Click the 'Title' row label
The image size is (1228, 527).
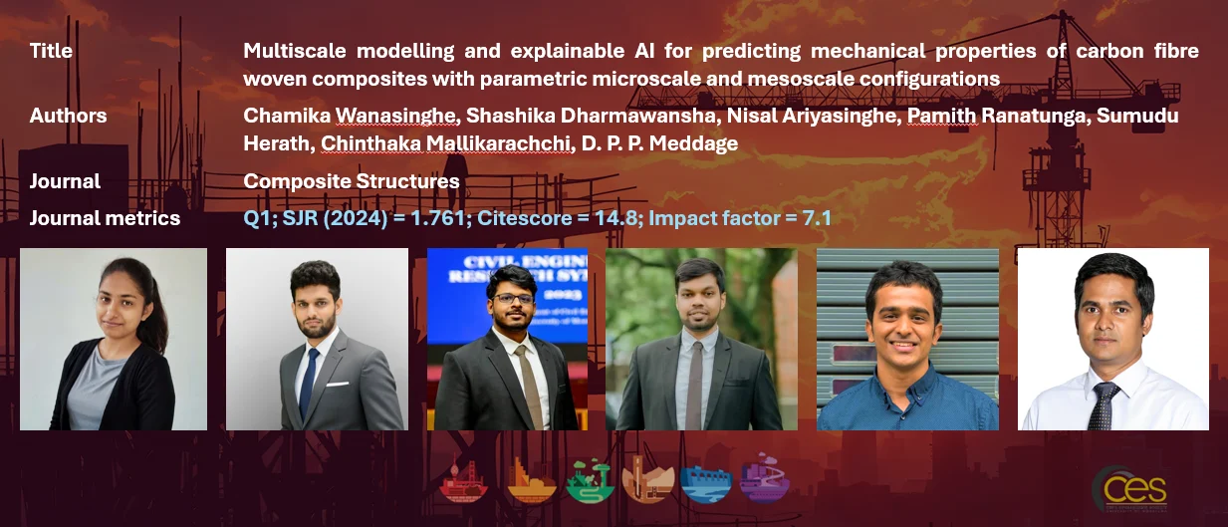tap(51, 51)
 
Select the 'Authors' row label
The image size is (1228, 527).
tap(68, 116)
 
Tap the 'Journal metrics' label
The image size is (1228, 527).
tap(105, 218)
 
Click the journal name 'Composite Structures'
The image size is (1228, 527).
tap(352, 181)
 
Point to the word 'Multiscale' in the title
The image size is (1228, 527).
tap(295, 51)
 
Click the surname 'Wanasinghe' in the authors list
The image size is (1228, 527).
tap(395, 116)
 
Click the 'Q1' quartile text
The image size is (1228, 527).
tap(258, 218)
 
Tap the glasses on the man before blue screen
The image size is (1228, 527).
tap(513, 299)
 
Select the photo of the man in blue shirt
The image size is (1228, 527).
tap(908, 340)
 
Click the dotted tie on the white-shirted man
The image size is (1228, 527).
tap(1103, 405)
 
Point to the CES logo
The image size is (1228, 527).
tap(1131, 490)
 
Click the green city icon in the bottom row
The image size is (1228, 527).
tap(589, 481)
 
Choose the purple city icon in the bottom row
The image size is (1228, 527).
tap(765, 477)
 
